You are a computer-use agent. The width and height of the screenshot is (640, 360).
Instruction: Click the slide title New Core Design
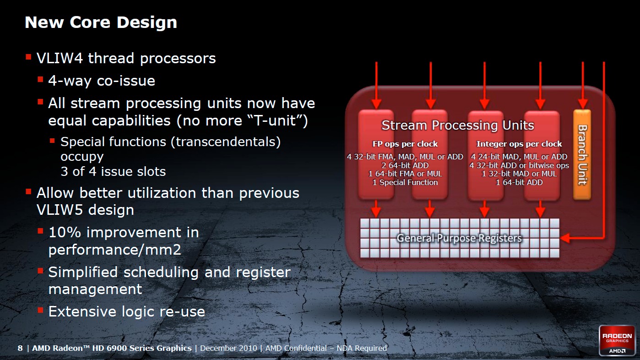(101, 22)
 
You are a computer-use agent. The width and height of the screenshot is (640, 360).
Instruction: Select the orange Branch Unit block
(582, 154)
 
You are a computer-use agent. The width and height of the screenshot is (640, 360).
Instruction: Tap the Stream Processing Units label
(458, 125)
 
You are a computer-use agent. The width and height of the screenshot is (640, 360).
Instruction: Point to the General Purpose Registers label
(459, 238)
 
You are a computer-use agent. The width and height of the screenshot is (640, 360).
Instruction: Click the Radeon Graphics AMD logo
(617, 340)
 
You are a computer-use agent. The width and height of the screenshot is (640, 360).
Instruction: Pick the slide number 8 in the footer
(20, 348)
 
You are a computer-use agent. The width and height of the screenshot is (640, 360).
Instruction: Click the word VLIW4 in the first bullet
(60, 58)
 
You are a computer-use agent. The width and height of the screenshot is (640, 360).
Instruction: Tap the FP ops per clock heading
(405, 144)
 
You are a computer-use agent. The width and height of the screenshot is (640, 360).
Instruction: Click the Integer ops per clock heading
(519, 144)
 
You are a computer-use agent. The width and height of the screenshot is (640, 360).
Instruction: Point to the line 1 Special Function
(405, 182)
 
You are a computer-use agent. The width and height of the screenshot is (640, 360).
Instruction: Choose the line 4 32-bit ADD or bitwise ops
(519, 165)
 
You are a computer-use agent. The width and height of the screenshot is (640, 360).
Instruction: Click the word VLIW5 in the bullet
(60, 210)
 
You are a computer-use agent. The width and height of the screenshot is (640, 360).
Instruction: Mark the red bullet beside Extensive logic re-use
(40, 310)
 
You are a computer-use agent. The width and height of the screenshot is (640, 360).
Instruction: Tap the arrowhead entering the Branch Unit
(583, 104)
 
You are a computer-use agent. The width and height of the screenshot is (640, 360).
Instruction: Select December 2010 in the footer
(228, 348)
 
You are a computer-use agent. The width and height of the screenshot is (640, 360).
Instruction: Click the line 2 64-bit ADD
(405, 165)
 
